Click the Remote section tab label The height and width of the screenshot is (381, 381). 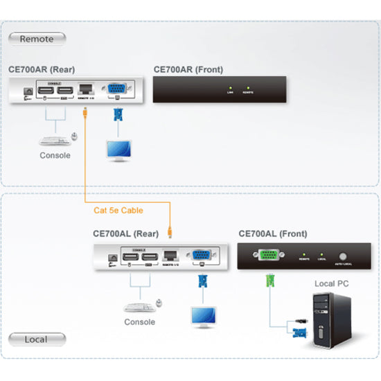[36, 39]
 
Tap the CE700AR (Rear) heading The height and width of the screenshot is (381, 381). [43, 69]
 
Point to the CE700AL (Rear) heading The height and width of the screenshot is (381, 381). [125, 234]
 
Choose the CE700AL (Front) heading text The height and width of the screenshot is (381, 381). [272, 234]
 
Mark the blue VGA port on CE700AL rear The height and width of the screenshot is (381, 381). [202, 255]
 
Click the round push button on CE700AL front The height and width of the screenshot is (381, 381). [343, 255]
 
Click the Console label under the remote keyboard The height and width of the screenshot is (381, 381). [54, 155]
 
